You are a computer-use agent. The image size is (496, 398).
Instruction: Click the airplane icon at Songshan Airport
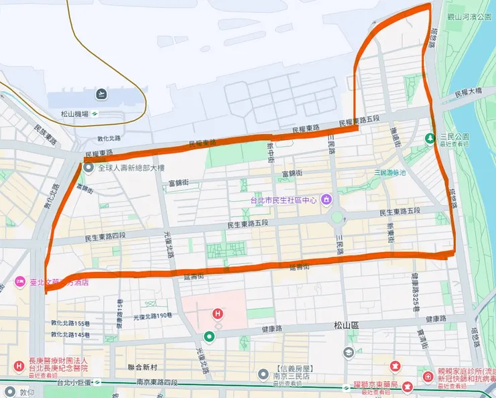[101, 92]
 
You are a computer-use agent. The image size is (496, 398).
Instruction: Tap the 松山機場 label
[74, 114]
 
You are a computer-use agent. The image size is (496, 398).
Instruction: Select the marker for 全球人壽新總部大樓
[90, 168]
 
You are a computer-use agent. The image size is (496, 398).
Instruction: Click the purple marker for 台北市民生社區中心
[326, 199]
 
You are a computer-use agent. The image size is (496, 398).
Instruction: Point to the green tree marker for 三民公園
[430, 137]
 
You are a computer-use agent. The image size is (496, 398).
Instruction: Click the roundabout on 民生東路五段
[336, 217]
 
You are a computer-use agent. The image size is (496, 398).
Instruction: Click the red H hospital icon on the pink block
[217, 313]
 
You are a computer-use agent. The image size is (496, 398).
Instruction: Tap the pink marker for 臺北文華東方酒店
[18, 283]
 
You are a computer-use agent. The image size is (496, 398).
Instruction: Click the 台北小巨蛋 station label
[74, 383]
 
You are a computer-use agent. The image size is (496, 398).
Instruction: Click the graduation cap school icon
[349, 352]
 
